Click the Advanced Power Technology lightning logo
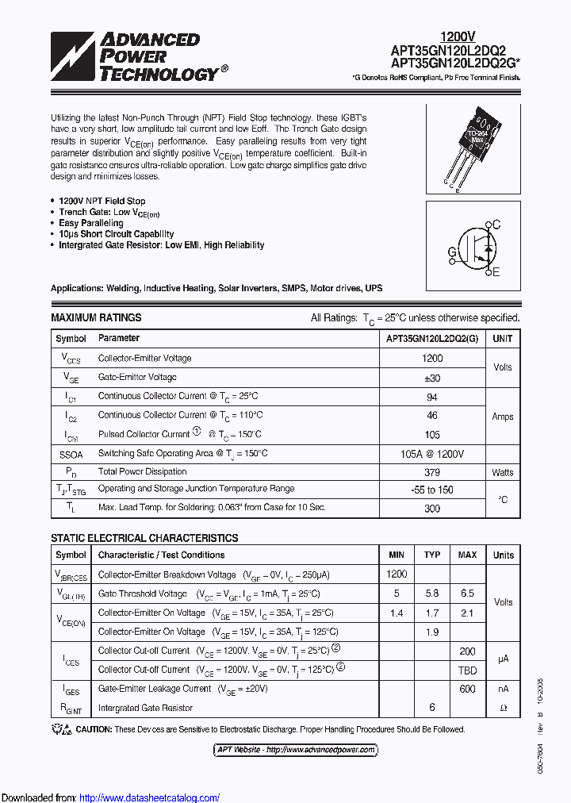(x=72, y=57)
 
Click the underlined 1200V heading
(x=458, y=36)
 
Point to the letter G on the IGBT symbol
(x=451, y=252)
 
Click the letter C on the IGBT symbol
(x=496, y=225)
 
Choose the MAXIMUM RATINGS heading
(x=96, y=317)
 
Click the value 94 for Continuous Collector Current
(x=432, y=396)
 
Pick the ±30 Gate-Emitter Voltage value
(x=432, y=378)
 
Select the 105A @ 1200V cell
(x=432, y=453)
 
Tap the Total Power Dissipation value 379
(x=432, y=471)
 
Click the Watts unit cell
(x=502, y=472)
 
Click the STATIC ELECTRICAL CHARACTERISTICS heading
(x=144, y=538)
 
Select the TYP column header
(x=432, y=555)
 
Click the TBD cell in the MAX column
(x=467, y=670)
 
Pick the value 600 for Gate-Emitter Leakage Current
(x=467, y=689)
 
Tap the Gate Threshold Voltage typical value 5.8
(x=432, y=594)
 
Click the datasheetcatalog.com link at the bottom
(x=150, y=797)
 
